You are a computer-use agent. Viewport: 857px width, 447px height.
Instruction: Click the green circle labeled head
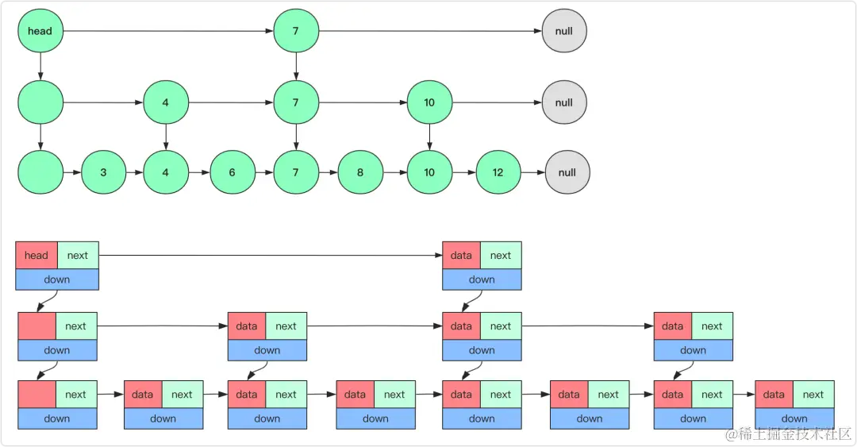click(x=40, y=32)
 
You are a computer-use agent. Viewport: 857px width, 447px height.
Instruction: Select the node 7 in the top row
click(x=296, y=32)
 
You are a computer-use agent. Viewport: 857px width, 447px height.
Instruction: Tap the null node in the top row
click(x=564, y=32)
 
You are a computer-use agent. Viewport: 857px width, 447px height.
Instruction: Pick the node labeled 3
click(x=103, y=172)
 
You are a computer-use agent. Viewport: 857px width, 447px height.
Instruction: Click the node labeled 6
click(x=233, y=172)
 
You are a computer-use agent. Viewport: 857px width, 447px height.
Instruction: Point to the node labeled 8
click(x=360, y=172)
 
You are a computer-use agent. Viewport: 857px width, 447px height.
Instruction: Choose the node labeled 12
click(x=498, y=172)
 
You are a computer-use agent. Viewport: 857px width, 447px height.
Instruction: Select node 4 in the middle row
click(x=165, y=102)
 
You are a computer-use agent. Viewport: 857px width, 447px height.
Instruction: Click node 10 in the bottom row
click(x=429, y=172)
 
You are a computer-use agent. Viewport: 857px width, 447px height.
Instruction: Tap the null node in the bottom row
click(x=567, y=172)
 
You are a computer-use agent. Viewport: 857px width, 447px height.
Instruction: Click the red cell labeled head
click(x=37, y=256)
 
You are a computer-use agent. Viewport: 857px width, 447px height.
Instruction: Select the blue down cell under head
click(x=57, y=279)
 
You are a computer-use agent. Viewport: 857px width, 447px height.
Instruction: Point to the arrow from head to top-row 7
click(x=167, y=32)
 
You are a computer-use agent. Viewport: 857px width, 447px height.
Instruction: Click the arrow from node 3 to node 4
click(x=134, y=172)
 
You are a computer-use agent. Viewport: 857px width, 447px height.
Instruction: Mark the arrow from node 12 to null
click(x=532, y=172)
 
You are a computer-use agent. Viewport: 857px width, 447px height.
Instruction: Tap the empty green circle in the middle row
click(x=40, y=102)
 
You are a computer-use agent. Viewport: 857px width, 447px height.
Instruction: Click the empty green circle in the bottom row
click(x=40, y=172)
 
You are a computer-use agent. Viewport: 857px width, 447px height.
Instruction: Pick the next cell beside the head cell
click(x=78, y=256)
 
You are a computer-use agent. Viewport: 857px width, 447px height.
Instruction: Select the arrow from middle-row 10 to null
click(x=497, y=102)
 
